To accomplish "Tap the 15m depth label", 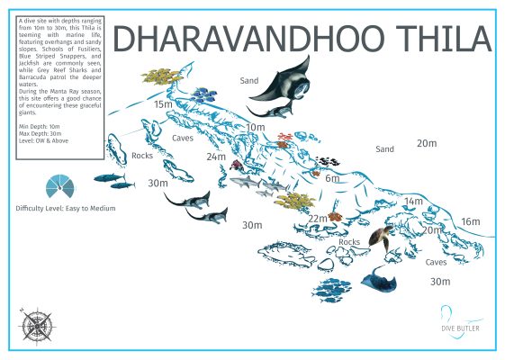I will (x=163, y=104).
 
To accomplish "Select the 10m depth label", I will (x=256, y=127).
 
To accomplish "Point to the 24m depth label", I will (x=216, y=157).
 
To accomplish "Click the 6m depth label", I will (x=332, y=178).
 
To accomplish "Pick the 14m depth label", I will (x=413, y=201).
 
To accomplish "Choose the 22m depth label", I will (x=318, y=219).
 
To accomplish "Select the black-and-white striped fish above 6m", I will (x=328, y=162).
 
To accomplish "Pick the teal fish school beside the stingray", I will (x=333, y=287).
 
